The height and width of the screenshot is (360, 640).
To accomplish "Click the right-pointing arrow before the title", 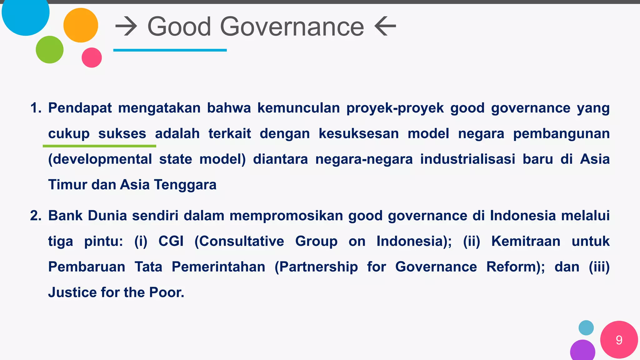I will pyautogui.click(x=126, y=27).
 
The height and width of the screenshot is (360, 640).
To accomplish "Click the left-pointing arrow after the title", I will pyautogui.click(x=385, y=27).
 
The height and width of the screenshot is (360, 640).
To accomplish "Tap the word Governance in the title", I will pyautogui.click(x=292, y=27).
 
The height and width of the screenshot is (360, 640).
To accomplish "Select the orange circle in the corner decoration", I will pyautogui.click(x=81, y=25).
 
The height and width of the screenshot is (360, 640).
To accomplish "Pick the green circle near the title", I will pyautogui.click(x=50, y=50).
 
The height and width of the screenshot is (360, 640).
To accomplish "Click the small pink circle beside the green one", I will pyautogui.click(x=92, y=57).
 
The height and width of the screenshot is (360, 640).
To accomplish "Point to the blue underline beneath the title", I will pyautogui.click(x=170, y=50).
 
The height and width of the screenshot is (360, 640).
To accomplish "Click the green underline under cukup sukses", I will pyautogui.click(x=99, y=146).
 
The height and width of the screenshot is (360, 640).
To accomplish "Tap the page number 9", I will pyautogui.click(x=619, y=340).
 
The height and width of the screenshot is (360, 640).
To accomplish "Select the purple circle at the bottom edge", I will pyautogui.click(x=582, y=351).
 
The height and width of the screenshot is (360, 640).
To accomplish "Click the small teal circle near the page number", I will pyautogui.click(x=586, y=328).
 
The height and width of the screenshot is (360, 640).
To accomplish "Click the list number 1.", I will pyautogui.click(x=35, y=108).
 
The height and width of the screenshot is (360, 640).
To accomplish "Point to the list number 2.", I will pyautogui.click(x=35, y=216).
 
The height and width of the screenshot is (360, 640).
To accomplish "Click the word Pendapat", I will pyautogui.click(x=80, y=108).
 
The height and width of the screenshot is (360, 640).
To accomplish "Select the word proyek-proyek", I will pyautogui.click(x=395, y=108).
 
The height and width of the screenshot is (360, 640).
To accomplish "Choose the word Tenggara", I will pyautogui.click(x=185, y=185).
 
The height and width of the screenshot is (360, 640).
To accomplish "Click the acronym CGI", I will pyautogui.click(x=171, y=241).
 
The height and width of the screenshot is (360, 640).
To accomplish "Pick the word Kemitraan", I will pyautogui.click(x=526, y=241).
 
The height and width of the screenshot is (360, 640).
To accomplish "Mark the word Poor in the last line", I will pyautogui.click(x=167, y=292).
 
